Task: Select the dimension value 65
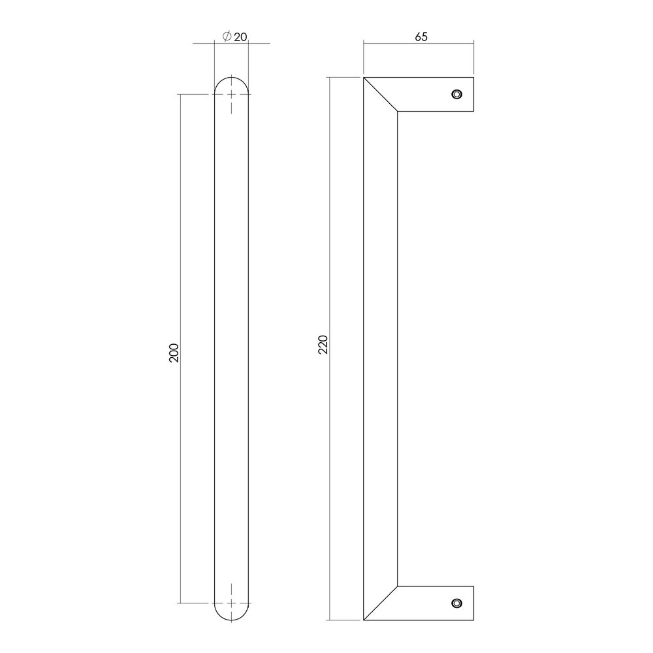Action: tap(421, 37)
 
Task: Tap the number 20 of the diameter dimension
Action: tap(240, 37)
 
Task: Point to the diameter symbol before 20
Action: tap(225, 37)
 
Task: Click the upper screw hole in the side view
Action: tap(456, 94)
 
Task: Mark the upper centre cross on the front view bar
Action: tap(231, 95)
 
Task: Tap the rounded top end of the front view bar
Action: tap(231, 81)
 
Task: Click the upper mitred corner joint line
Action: tap(381, 95)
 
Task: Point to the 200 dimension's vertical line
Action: tap(180, 261)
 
